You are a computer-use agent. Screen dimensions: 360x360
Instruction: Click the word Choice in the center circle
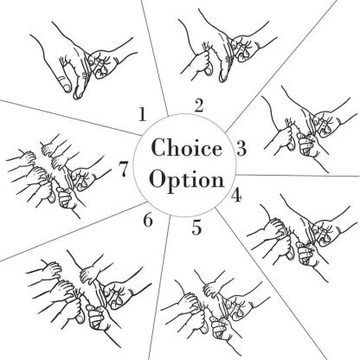pyautogui.click(x=187, y=147)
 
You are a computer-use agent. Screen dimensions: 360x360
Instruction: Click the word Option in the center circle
pyautogui.click(x=187, y=180)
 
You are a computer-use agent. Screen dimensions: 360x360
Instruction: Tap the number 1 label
pyautogui.click(x=142, y=114)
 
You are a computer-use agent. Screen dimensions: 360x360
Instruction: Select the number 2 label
pyautogui.click(x=199, y=106)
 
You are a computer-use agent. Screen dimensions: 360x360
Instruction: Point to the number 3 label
pyautogui.click(x=241, y=148)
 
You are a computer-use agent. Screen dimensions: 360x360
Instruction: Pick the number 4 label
pyautogui.click(x=236, y=195)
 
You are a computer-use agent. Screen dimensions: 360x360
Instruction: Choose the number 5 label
pyautogui.click(x=196, y=228)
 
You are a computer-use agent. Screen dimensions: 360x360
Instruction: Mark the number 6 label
pyautogui.click(x=148, y=221)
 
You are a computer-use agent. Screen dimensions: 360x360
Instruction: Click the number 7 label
pyautogui.click(x=123, y=170)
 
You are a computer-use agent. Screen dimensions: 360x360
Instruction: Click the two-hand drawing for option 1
pyautogui.click(x=84, y=60)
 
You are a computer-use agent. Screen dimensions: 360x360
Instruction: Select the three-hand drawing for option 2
pyautogui.click(x=228, y=46)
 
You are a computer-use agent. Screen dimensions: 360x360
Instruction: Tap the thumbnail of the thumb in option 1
pyautogui.click(x=67, y=86)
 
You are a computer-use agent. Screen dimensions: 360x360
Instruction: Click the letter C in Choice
pyautogui.click(x=158, y=147)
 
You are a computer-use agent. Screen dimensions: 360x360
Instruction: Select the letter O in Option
pyautogui.click(x=158, y=179)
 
